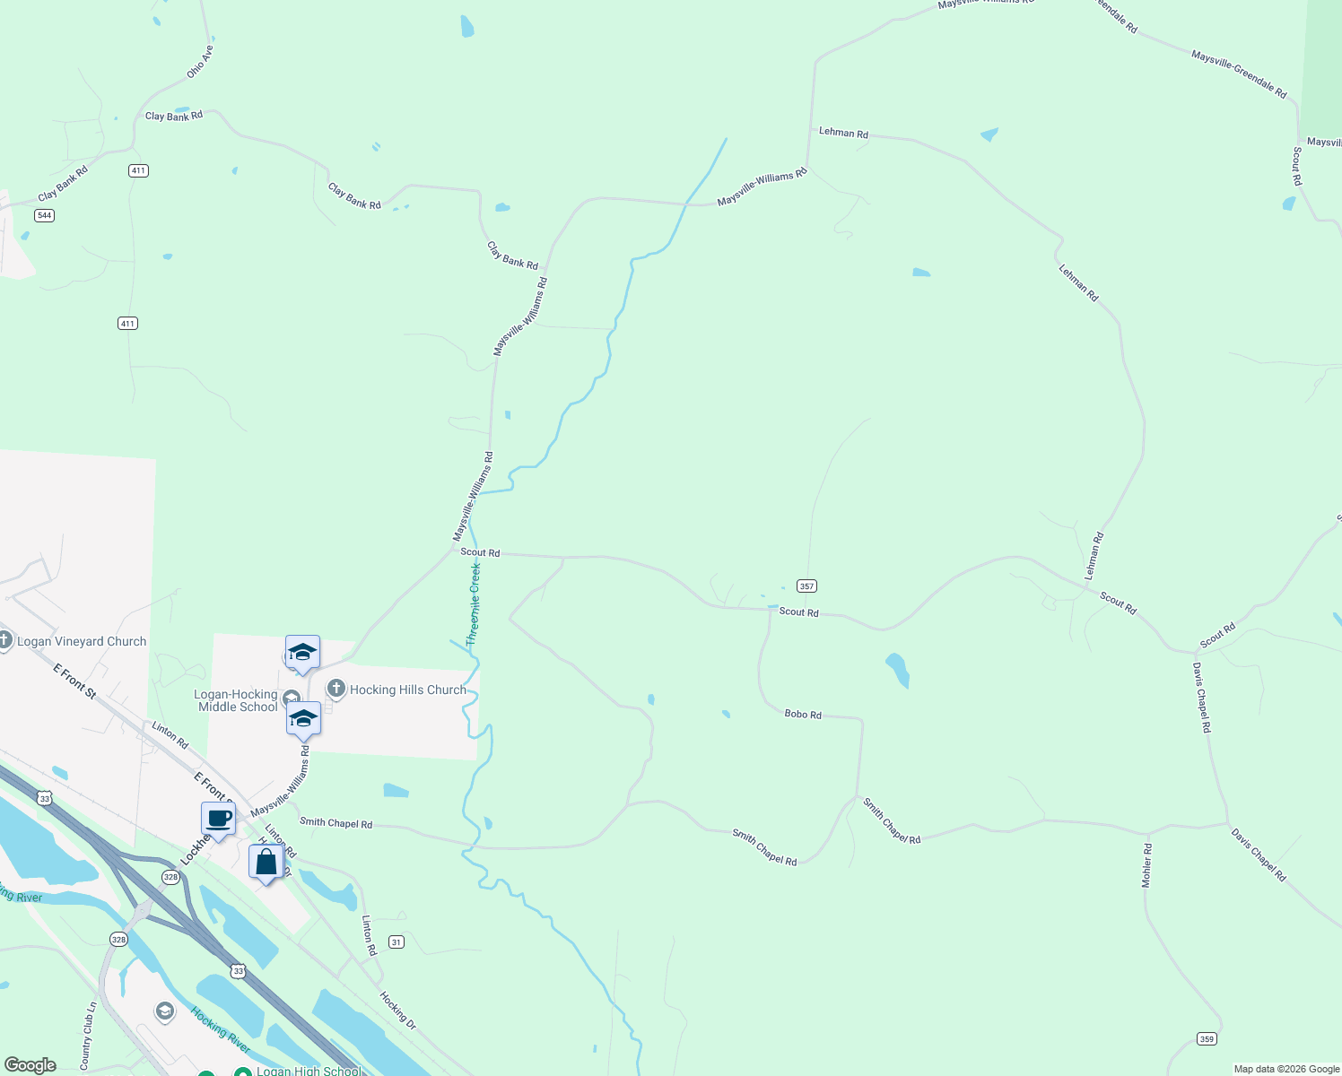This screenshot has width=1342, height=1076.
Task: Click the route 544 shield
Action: (45, 215)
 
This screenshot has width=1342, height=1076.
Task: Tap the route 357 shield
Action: (806, 586)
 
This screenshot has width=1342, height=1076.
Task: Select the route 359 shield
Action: (1207, 1039)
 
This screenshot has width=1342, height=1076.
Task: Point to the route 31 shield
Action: (396, 941)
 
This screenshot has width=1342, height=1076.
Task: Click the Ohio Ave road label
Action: (200, 62)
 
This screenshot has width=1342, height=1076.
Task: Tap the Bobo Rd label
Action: (803, 715)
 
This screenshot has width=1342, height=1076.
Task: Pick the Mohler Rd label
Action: (1146, 865)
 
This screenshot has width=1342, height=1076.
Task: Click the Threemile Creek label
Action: (474, 604)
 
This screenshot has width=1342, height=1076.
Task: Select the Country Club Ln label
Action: (87, 1036)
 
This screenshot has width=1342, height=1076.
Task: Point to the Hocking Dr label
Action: (397, 1010)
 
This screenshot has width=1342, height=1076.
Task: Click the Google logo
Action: (30, 1065)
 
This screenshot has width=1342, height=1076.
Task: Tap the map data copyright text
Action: (1286, 1069)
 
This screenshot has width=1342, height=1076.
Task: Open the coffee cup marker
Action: (218, 819)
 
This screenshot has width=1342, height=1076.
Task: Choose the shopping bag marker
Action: (266, 863)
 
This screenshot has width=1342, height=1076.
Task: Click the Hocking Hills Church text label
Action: (408, 690)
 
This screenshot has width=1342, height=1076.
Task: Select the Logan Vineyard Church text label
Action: (82, 641)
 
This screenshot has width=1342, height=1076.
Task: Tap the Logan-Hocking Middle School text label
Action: (237, 700)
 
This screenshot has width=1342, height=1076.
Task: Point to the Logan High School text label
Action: (309, 1071)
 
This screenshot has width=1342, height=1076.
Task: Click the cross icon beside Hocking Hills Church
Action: (336, 689)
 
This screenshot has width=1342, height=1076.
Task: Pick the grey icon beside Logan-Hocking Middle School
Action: (291, 699)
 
